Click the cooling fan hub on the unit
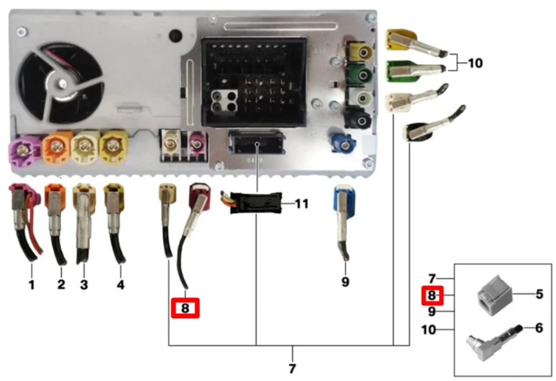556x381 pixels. coord(62,84)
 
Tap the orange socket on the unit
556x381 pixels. coord(57,146)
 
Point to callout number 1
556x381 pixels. coord(32,285)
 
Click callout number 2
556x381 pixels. coord(61,284)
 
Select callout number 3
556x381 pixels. coord(84,285)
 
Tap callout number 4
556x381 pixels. coord(121,285)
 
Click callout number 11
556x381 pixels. coord(301,204)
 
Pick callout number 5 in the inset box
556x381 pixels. coord(539,294)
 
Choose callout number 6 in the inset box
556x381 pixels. coord(539,328)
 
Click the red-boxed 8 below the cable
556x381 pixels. coord(185,308)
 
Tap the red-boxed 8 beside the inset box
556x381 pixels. coord(432,296)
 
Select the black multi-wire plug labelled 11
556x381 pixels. coord(255,203)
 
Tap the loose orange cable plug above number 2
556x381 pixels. coord(55,223)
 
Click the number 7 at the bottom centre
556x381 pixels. coord(292,368)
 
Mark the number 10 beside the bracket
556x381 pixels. coord(476,63)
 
